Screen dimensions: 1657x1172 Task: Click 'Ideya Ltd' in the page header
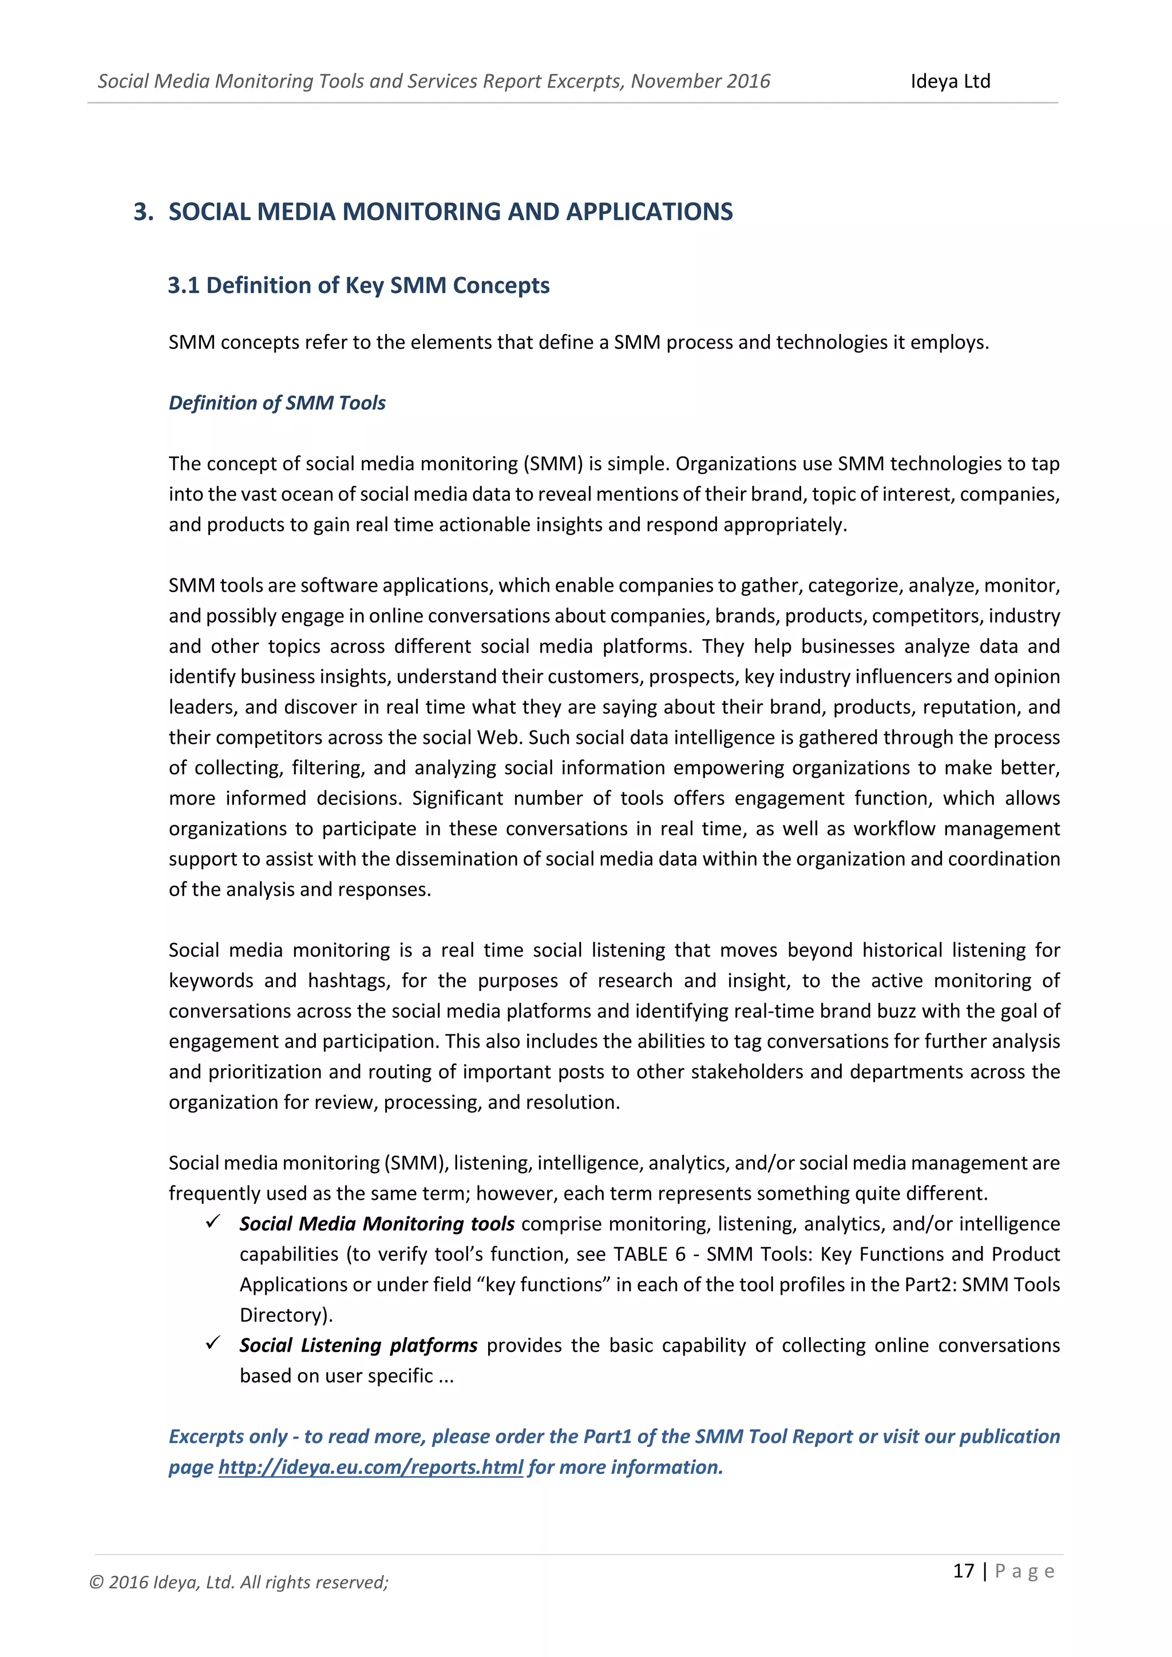tap(950, 82)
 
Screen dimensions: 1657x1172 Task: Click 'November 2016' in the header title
tap(700, 82)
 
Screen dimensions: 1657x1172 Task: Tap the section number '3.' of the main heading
tap(143, 212)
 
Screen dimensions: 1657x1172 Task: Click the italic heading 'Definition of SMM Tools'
tap(277, 403)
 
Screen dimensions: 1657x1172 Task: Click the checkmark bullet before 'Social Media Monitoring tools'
tap(212, 1222)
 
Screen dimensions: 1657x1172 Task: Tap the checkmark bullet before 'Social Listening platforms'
tap(212, 1343)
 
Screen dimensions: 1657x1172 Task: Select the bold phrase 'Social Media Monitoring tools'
tap(376, 1224)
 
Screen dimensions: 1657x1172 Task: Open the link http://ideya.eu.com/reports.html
tap(370, 1467)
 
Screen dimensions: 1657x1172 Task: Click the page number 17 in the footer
tap(964, 1571)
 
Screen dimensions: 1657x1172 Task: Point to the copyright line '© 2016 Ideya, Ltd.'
tap(238, 1583)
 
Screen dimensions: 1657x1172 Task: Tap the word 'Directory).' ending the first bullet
tap(286, 1315)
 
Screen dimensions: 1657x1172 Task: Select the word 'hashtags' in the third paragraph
tap(349, 981)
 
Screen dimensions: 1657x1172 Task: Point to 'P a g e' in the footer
tap(1025, 1571)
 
